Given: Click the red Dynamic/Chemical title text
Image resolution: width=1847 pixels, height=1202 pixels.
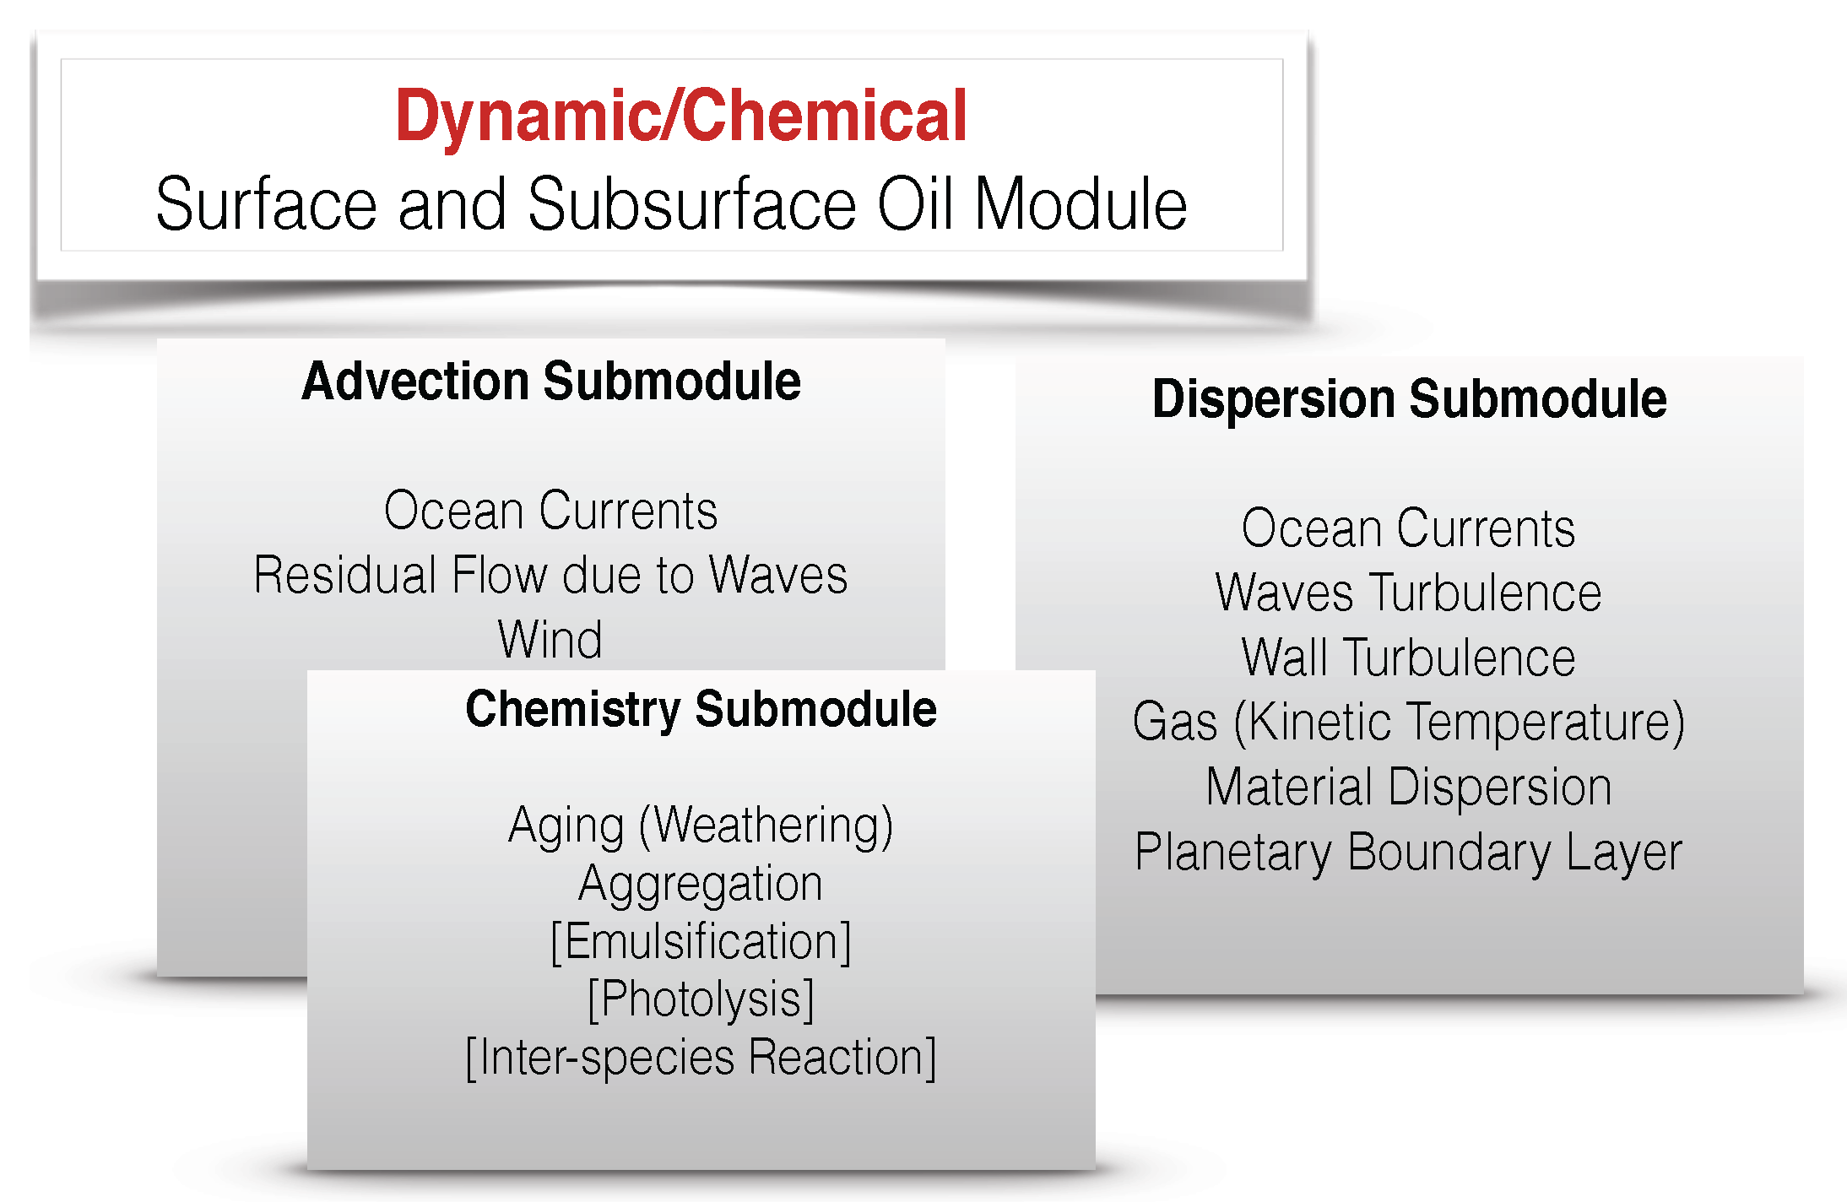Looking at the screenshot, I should click(680, 116).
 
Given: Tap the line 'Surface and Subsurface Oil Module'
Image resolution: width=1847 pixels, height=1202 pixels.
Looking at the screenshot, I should click(671, 204).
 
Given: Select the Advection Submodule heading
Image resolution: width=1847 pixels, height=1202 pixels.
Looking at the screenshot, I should click(551, 382).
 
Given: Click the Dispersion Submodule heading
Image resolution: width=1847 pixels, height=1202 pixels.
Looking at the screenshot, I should click(1409, 398).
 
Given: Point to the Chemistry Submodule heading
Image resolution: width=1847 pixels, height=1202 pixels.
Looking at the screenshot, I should click(701, 709).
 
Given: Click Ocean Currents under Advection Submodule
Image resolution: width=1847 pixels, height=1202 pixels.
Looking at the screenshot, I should click(550, 511).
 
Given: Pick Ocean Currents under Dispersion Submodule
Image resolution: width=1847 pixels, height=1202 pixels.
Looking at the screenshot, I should click(1408, 528).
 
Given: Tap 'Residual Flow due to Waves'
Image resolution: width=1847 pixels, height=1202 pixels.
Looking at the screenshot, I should click(550, 576).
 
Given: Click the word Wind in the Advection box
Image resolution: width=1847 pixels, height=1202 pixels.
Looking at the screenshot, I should click(550, 640).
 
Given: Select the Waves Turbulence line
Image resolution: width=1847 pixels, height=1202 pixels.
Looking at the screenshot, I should click(1408, 593).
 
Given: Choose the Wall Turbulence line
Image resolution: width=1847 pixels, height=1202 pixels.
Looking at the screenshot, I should click(1408, 658).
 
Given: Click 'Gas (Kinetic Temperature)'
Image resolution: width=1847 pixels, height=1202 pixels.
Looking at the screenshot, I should click(1408, 723).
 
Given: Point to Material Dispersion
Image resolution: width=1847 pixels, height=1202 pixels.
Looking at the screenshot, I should click(1408, 787).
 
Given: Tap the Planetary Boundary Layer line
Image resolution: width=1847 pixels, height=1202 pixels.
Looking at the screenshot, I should click(1408, 852).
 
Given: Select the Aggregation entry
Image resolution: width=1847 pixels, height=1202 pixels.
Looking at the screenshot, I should click(701, 884).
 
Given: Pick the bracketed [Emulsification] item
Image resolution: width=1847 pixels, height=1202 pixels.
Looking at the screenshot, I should click(701, 941).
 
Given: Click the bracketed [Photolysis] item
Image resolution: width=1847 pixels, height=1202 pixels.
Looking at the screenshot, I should click(701, 999).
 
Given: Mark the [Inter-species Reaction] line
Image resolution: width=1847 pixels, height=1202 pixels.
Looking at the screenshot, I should click(701, 1058).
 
